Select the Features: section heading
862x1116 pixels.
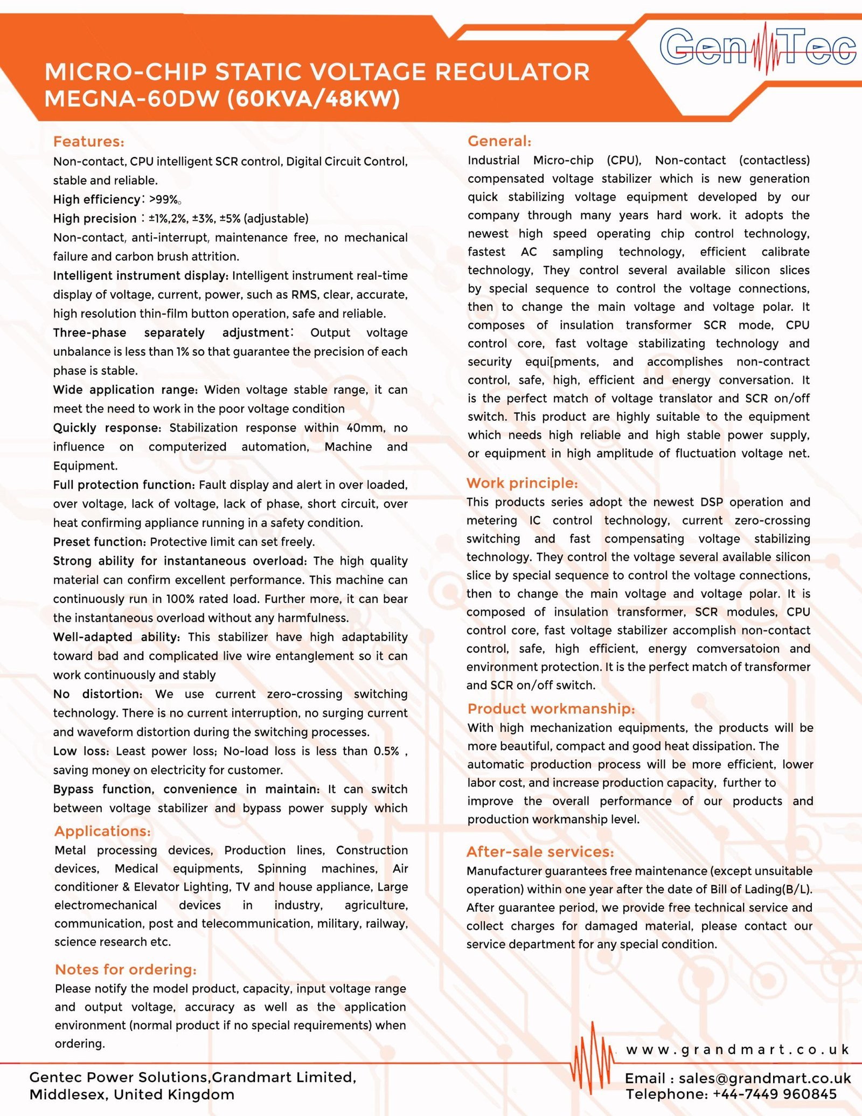(89, 142)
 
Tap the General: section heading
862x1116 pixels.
(499, 141)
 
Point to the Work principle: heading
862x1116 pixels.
(522, 483)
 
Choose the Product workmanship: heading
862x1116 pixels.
(551, 709)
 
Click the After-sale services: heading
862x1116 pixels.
(540, 851)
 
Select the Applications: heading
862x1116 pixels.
(102, 831)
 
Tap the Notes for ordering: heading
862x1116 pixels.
(126, 969)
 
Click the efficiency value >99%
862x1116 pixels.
(164, 200)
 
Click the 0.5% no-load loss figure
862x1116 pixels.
(386, 751)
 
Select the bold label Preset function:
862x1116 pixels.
(100, 542)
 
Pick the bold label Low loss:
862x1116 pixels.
(81, 751)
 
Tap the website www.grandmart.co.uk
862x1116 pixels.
(738, 1049)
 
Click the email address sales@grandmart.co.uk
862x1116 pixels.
(764, 1078)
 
